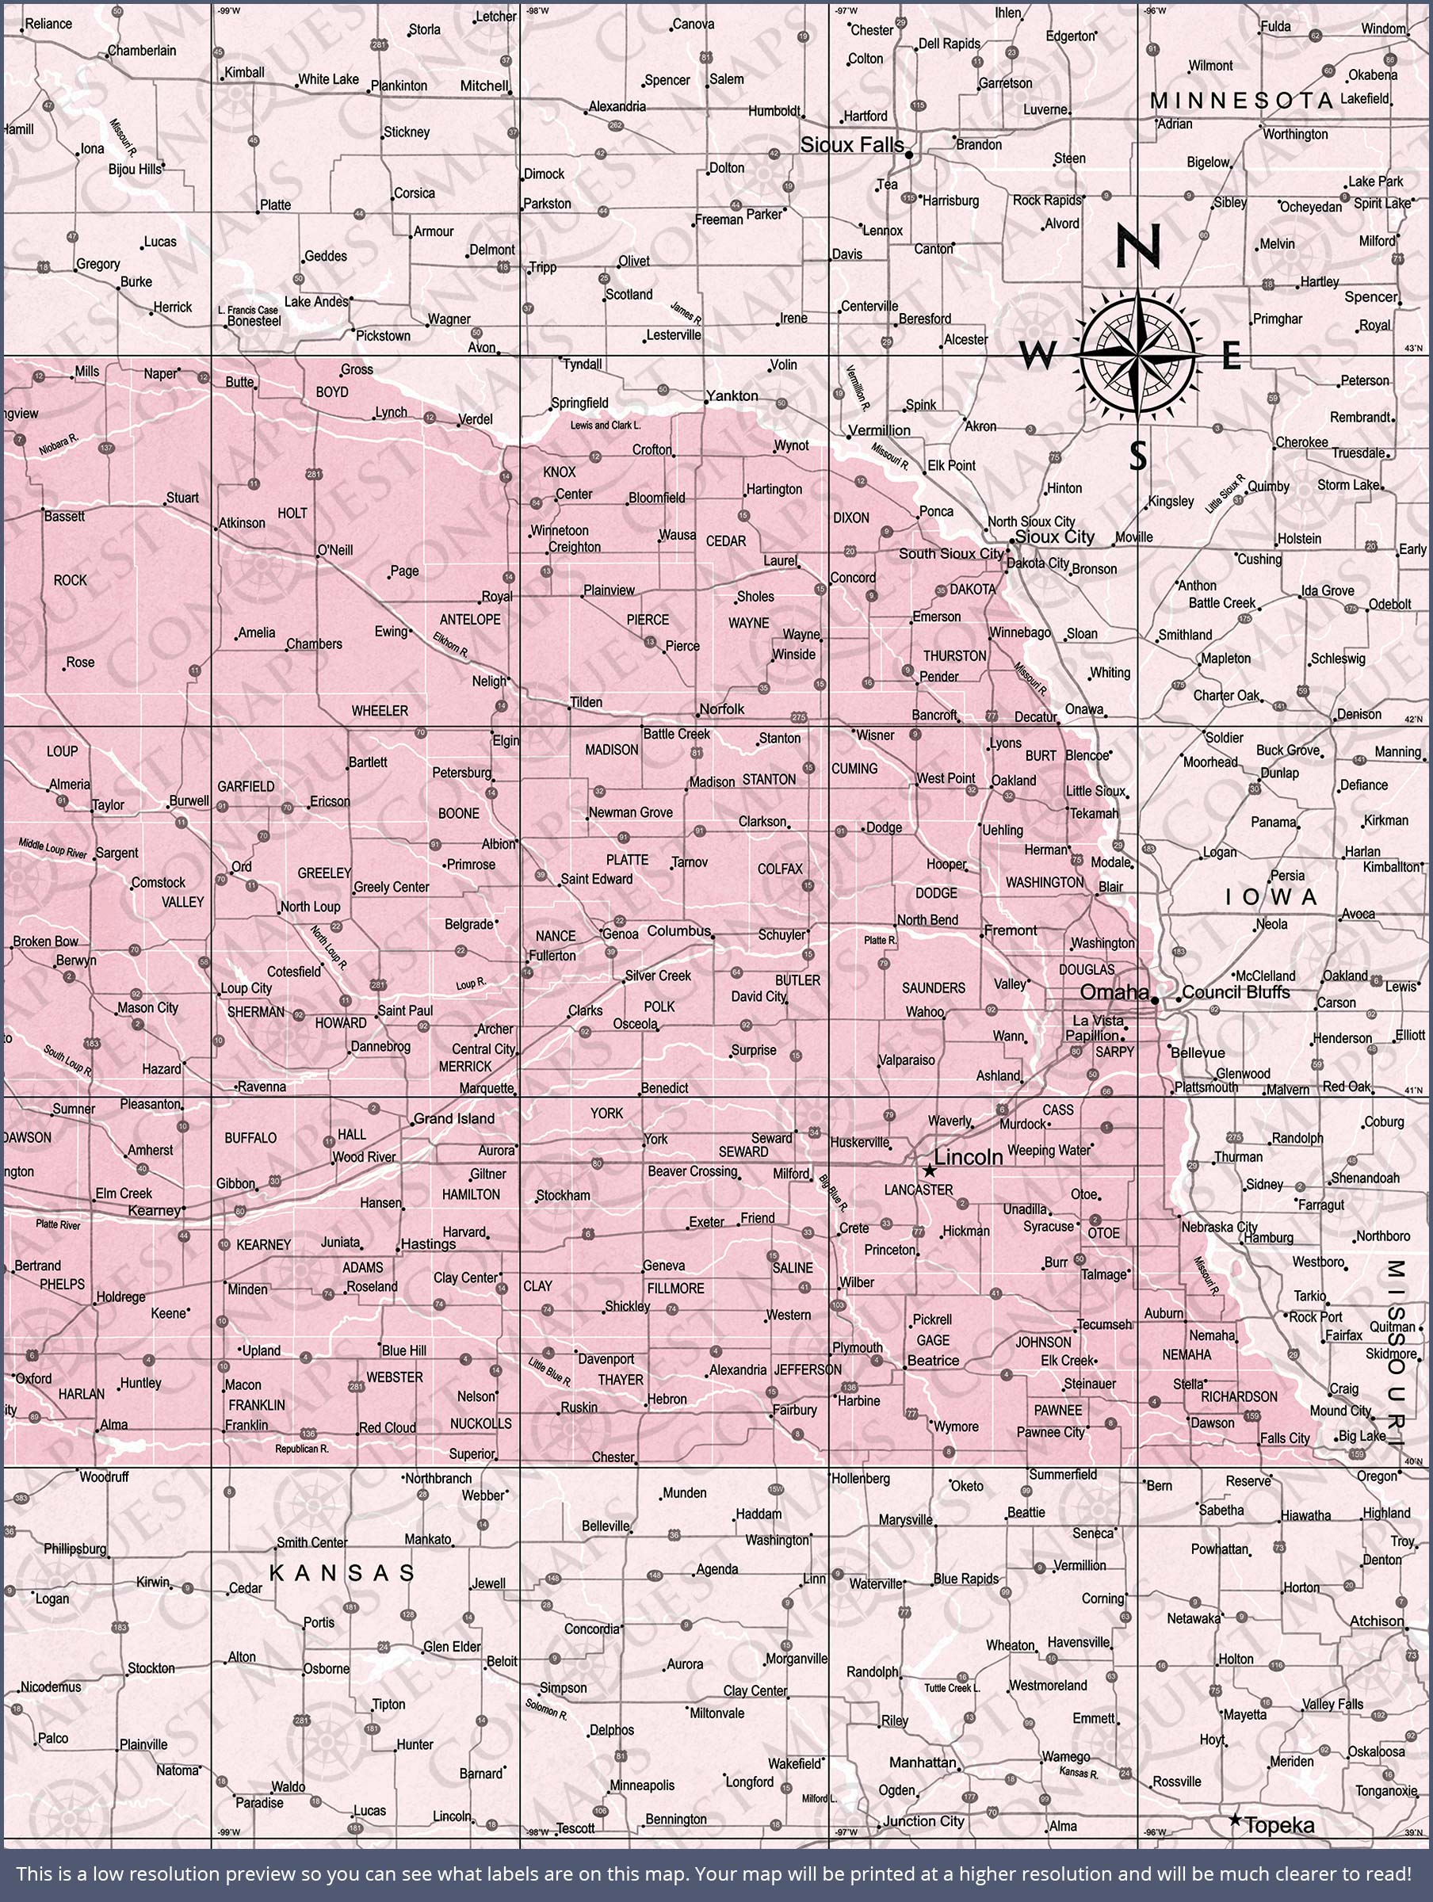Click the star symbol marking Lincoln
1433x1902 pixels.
[x=929, y=1171]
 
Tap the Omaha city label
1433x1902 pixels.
[x=1114, y=991]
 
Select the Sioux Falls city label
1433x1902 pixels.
[x=851, y=144]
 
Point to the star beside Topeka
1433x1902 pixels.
[x=1236, y=1820]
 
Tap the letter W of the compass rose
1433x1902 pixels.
[x=1037, y=354]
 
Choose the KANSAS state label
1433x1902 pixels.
[x=342, y=1572]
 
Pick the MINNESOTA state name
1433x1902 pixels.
[x=1241, y=101]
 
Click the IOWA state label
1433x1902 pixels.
[x=1271, y=898]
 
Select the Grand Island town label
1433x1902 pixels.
[x=453, y=1119]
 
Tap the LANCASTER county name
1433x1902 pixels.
[x=919, y=1190]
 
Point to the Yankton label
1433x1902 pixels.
[x=732, y=395]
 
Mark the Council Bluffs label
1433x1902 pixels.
[x=1236, y=991]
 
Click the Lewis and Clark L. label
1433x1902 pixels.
[x=606, y=425]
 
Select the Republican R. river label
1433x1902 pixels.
[x=302, y=1449]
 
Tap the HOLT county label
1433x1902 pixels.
[x=292, y=514]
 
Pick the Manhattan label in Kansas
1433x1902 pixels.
[x=922, y=1762]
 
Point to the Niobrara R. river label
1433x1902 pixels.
[x=59, y=444]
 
